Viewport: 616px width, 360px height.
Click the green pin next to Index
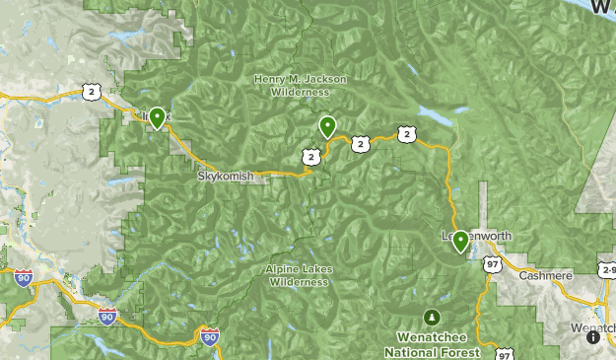pyautogui.click(x=157, y=119)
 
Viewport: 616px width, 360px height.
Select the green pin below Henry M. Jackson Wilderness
pyautogui.click(x=327, y=126)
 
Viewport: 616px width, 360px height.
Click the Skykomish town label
pyautogui.click(x=226, y=176)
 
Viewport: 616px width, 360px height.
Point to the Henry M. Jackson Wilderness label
pyautogui.click(x=291, y=85)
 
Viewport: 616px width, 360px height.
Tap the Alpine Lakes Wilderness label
pyautogui.click(x=298, y=275)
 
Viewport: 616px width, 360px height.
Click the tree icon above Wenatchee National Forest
pyautogui.click(x=431, y=317)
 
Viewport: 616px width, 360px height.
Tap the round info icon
pyautogui.click(x=593, y=337)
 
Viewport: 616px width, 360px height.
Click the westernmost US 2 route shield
pyautogui.click(x=92, y=92)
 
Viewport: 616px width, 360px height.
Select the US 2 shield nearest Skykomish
pyautogui.click(x=311, y=156)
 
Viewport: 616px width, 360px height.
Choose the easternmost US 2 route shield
pyautogui.click(x=406, y=133)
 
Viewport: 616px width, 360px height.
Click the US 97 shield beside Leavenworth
pyautogui.click(x=492, y=264)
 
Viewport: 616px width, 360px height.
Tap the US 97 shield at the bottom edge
pyautogui.click(x=506, y=354)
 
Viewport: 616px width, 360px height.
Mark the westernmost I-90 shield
pyautogui.click(x=24, y=279)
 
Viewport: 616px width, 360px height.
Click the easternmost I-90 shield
pyautogui.click(x=208, y=337)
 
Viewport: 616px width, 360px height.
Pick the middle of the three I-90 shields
pyautogui.click(x=107, y=316)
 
